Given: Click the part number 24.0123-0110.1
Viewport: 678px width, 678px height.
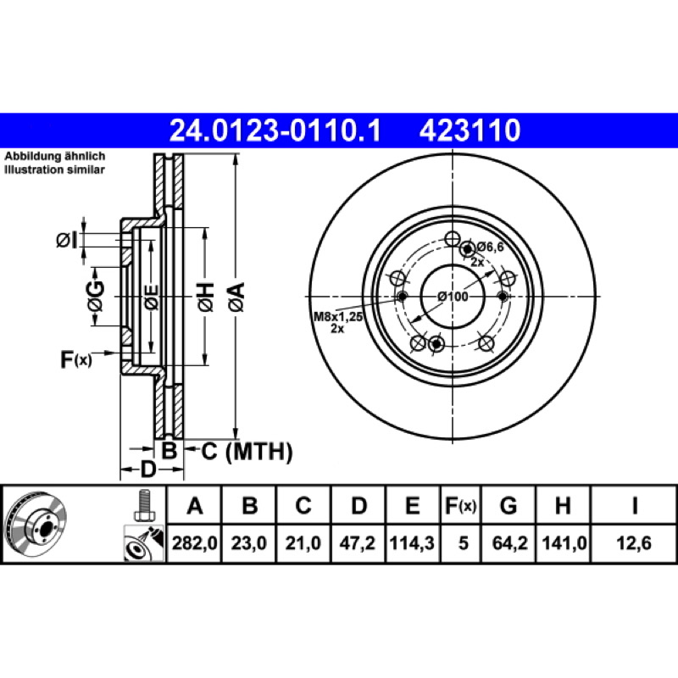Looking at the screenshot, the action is click(275, 131).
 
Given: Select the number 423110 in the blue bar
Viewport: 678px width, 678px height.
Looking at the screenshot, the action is click(470, 131).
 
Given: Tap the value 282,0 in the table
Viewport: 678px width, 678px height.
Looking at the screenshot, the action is click(195, 542).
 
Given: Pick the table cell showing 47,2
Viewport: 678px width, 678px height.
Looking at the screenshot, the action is click(357, 542).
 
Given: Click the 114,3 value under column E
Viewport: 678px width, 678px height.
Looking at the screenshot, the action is click(412, 542).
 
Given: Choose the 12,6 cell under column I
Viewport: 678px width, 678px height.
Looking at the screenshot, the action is click(634, 542).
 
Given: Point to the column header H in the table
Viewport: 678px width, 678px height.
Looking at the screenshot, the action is click(563, 505).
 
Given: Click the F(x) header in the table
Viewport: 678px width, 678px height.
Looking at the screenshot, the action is click(461, 505).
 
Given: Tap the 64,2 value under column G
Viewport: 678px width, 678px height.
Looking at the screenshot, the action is click(510, 542).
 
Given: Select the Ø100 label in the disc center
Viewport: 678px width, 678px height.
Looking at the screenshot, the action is click(453, 297).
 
